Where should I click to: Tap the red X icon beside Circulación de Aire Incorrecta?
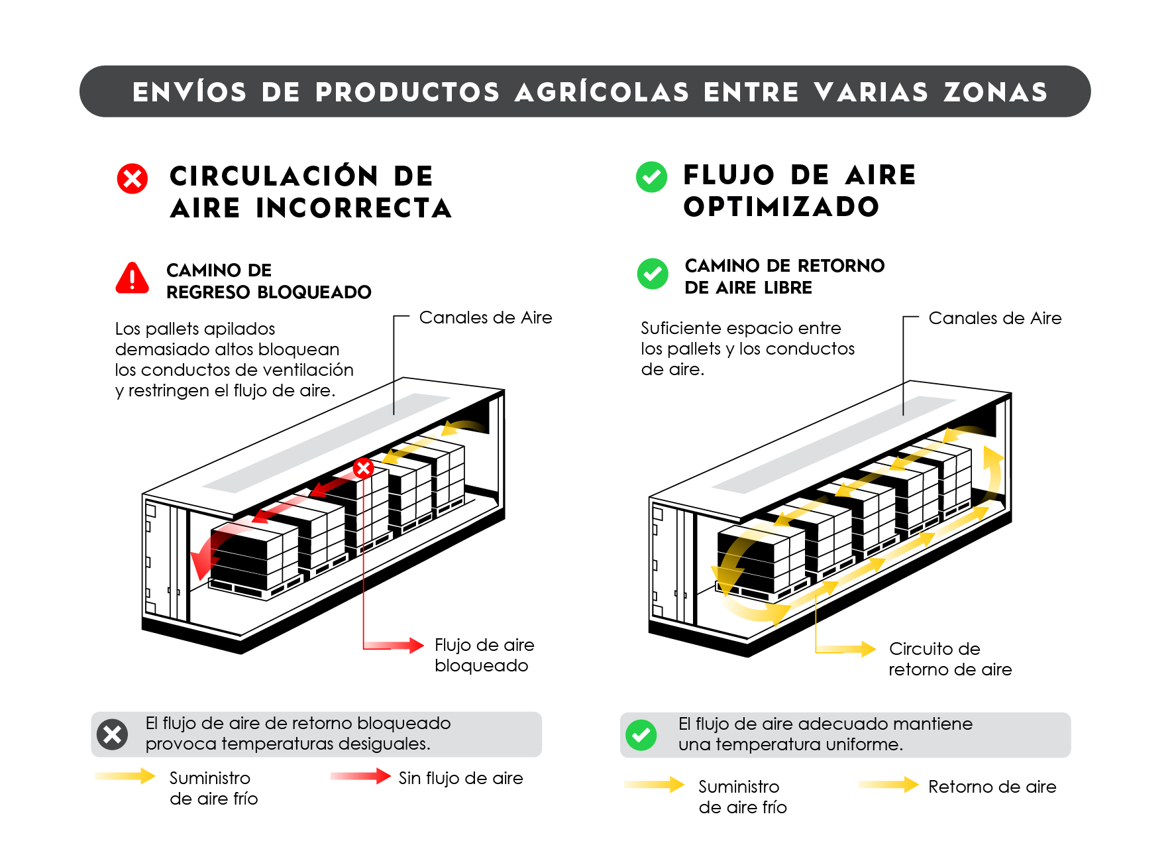[x=133, y=178]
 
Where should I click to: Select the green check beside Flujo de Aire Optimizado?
[x=651, y=177]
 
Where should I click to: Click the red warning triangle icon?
[x=133, y=278]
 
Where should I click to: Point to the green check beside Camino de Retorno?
[x=653, y=274]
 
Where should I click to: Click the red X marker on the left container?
[x=363, y=469]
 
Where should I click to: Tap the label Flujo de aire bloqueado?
[x=484, y=655]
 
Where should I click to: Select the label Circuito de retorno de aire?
[x=949, y=659]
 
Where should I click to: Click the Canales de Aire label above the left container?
[x=485, y=317]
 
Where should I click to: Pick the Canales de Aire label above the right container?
[x=994, y=318]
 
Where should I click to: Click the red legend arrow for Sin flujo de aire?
[x=360, y=776]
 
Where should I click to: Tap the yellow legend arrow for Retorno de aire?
[x=888, y=785]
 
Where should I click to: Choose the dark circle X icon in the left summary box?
[x=113, y=734]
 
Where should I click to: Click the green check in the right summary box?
[x=641, y=734]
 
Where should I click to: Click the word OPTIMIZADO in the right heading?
[x=781, y=207]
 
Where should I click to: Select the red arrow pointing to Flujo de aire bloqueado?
[x=395, y=645]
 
